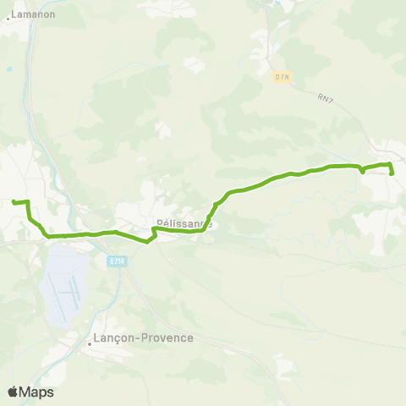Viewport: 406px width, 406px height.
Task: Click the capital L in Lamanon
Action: point(14,14)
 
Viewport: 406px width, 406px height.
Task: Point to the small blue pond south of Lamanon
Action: point(9,69)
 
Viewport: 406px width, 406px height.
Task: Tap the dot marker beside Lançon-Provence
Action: point(90,343)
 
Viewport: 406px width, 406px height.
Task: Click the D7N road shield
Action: point(282,77)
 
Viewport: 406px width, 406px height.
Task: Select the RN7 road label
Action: point(325,98)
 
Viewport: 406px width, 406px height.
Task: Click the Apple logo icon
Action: point(14,392)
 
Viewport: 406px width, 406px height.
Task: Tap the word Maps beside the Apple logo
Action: point(37,392)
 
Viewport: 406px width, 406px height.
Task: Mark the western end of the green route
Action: point(14,201)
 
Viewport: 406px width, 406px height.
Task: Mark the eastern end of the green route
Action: point(392,173)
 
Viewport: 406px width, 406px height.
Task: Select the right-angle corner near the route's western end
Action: point(29,202)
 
